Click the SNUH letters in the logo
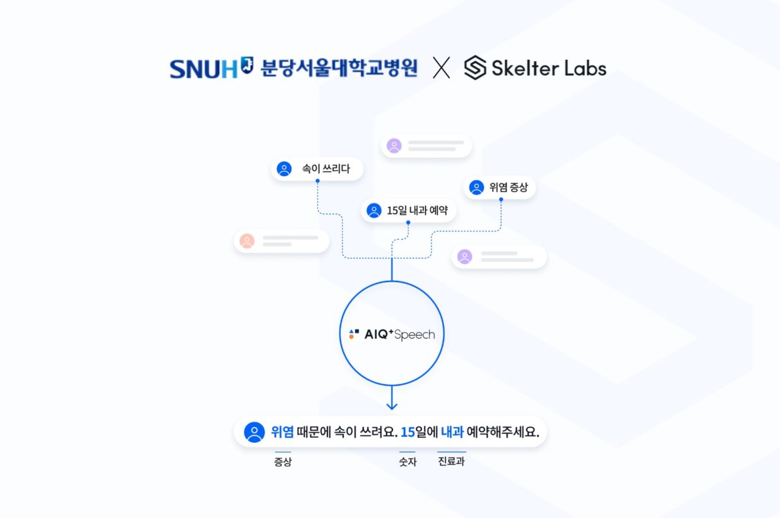tap(203, 68)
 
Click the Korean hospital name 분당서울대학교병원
tap(339, 68)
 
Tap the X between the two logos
tap(441, 68)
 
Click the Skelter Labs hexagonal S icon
tap(475, 68)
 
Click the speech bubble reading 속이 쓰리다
tap(317, 169)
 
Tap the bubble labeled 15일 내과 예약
tap(409, 211)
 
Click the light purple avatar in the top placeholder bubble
tap(394, 146)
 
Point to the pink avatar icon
tap(247, 241)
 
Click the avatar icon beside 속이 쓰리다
tap(284, 169)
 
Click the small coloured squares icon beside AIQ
tap(354, 334)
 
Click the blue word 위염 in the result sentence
tap(282, 432)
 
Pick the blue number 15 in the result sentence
tap(408, 432)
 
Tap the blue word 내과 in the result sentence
tap(451, 432)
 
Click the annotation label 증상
tap(283, 462)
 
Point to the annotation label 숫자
tap(408, 462)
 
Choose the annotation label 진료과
tap(452, 462)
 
